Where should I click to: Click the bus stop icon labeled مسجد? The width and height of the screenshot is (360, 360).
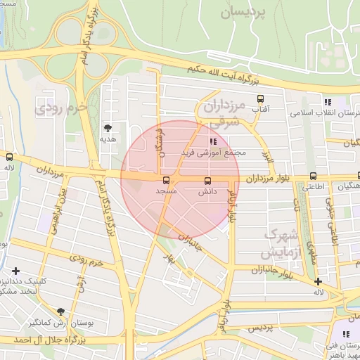166,179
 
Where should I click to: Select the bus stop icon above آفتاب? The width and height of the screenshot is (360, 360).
261,98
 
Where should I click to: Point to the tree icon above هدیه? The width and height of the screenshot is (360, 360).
108,128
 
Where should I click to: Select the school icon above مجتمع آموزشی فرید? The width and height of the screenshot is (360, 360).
213,141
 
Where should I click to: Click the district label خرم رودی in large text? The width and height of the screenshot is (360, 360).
60,108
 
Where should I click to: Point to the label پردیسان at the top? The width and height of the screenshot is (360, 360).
243,13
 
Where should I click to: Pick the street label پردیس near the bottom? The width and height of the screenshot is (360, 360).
258,328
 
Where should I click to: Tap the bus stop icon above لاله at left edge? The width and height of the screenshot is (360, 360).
9,157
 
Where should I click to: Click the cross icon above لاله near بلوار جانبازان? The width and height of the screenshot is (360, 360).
319,281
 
